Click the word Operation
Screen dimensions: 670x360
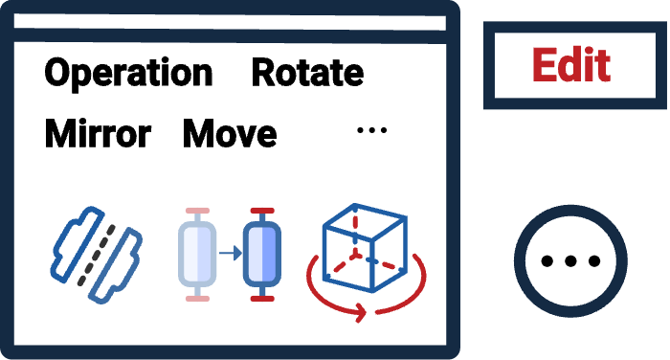(x=128, y=74)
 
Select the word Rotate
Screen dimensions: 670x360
(x=307, y=73)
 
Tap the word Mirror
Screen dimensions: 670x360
(x=98, y=134)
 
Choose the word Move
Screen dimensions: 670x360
(x=230, y=134)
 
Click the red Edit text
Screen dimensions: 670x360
(x=571, y=64)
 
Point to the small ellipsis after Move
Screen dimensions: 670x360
(x=371, y=130)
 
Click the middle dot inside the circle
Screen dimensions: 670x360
(x=570, y=260)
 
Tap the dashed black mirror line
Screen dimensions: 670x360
(x=97, y=255)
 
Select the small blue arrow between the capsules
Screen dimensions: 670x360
(x=231, y=254)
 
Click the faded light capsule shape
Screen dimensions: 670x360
(x=197, y=254)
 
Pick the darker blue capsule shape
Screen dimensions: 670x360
(x=262, y=254)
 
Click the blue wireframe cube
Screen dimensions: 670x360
(x=364, y=248)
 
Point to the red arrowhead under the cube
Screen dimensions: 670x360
(x=362, y=312)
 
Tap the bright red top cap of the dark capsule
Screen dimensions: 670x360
(x=262, y=211)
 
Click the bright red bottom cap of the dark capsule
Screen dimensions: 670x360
(x=262, y=299)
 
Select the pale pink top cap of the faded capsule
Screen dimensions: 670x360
(x=197, y=211)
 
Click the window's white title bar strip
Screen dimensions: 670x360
(x=230, y=22)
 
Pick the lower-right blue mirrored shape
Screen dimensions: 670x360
(x=115, y=266)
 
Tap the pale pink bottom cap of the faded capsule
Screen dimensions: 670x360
(x=197, y=299)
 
